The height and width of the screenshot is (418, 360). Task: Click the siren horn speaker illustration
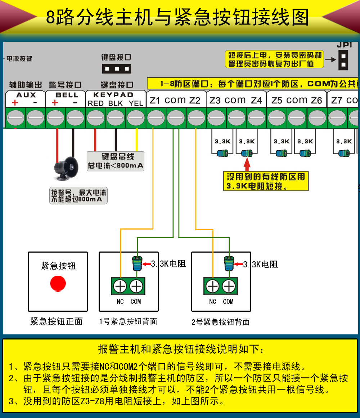tap(66, 169)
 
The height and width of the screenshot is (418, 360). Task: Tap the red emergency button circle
tap(58, 284)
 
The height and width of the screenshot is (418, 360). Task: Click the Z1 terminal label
tap(155, 101)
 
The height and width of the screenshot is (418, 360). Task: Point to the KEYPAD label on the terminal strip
tap(113, 95)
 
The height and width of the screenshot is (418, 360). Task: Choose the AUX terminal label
tap(26, 95)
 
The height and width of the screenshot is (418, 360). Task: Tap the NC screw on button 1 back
tap(120, 286)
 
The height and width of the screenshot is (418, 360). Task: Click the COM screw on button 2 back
tap(229, 286)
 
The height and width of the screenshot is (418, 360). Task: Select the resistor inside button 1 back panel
tap(137, 264)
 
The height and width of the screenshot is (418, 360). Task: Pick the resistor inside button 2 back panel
tap(229, 264)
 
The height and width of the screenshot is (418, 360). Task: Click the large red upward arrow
tap(247, 163)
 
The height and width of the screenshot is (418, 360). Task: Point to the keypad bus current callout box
tap(115, 161)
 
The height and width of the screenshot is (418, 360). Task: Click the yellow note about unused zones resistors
tap(266, 181)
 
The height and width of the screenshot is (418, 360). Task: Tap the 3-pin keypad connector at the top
tap(116, 68)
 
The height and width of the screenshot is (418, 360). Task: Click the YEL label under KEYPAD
tap(136, 103)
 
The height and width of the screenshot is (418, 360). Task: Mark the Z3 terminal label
tap(215, 101)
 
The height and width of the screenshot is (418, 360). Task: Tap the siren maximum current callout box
tap(78, 196)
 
